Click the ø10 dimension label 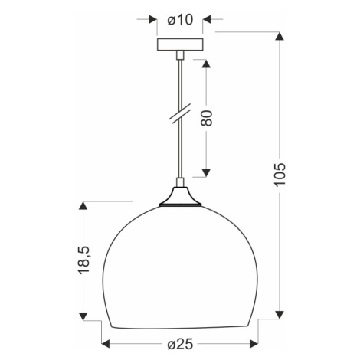(180, 20)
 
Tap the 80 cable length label (207, 118)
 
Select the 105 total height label (280, 175)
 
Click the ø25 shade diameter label (180, 345)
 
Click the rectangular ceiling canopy (180, 44)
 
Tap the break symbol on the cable (181, 113)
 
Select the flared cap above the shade (180, 197)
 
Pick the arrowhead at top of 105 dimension (280, 36)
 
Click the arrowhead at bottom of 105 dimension (280, 315)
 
